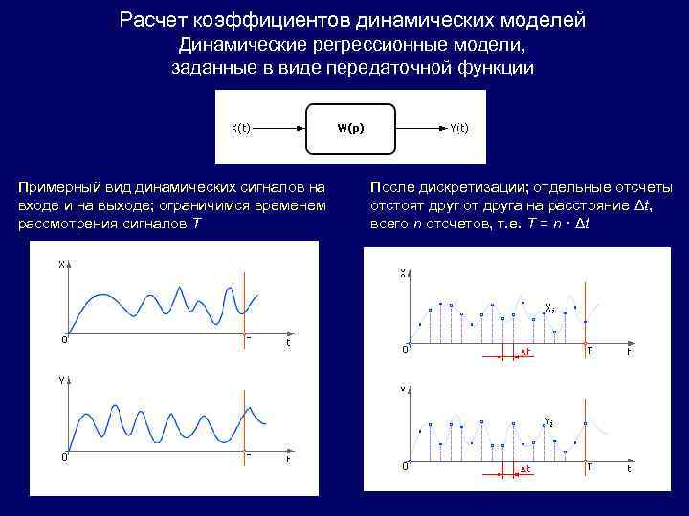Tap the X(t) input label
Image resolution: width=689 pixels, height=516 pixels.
[x=242, y=127]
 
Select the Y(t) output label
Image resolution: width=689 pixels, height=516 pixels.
[x=460, y=127]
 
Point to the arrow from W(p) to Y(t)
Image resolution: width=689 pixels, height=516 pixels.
[x=421, y=127]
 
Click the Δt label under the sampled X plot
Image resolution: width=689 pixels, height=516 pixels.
[x=525, y=354]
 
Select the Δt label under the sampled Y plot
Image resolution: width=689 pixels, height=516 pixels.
[x=525, y=469]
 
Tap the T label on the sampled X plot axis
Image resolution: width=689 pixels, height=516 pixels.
[x=589, y=351]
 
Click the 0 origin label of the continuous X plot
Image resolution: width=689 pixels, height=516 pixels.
[x=64, y=339]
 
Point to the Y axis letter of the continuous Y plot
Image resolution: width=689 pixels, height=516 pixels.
[x=61, y=379]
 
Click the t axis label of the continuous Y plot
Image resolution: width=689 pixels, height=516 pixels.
[x=288, y=459]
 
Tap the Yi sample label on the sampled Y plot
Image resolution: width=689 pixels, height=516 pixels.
[x=548, y=421]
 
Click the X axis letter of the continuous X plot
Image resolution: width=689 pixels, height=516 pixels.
[x=61, y=265]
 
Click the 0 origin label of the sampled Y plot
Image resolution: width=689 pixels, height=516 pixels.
[x=405, y=466]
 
